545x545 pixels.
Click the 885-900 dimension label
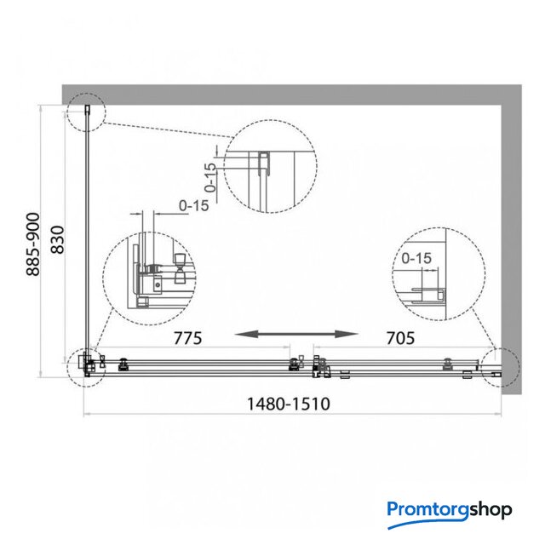pos(33,244)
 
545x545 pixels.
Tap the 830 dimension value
pos(58,240)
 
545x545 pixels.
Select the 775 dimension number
pos(187,338)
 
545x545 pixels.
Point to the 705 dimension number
pos(400,338)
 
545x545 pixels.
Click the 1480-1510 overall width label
pos(289,404)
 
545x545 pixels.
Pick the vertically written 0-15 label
pos(210,178)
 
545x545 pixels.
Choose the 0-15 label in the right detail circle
pos(416,258)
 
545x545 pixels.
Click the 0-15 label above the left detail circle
pos(194,206)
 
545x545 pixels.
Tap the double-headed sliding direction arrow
pos(296,335)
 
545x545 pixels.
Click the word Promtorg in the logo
pos(428,510)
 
